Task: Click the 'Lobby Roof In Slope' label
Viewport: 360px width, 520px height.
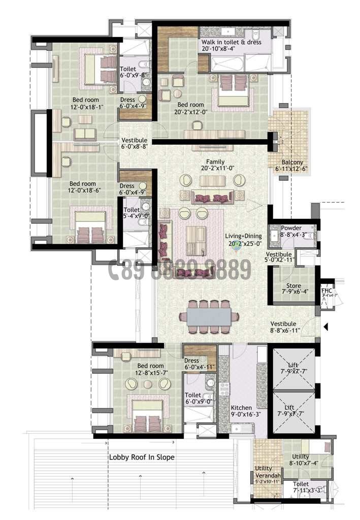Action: pyautogui.click(x=142, y=457)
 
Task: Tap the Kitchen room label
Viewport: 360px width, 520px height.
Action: pyautogui.click(x=241, y=408)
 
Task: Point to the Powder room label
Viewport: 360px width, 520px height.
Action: pyautogui.click(x=291, y=228)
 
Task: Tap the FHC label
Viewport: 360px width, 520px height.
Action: pyautogui.click(x=326, y=291)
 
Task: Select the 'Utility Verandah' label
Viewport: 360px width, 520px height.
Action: pyautogui.click(x=267, y=472)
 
